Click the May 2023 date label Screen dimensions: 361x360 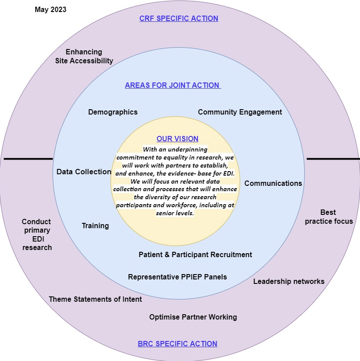click(50, 9)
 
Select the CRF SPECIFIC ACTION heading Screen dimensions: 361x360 click(179, 19)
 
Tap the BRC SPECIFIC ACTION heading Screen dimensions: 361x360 click(177, 344)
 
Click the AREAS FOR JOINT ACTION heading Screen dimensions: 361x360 click(173, 85)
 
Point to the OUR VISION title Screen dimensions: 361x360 click(177, 139)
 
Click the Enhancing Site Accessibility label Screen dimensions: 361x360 click(84, 56)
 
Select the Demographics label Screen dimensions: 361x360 click(113, 112)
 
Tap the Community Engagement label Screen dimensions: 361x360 click(240, 112)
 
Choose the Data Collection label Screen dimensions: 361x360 click(84, 172)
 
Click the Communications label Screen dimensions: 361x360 click(273, 183)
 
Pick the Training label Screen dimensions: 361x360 click(95, 226)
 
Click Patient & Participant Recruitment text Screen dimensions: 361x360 click(195, 254)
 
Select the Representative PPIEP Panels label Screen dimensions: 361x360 click(177, 277)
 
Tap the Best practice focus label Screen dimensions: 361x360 click(329, 217)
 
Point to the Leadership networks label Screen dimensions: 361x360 click(289, 281)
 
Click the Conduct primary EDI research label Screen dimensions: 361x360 click(37, 234)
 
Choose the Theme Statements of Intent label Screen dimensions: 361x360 click(95, 299)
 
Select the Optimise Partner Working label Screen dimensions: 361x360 click(193, 317)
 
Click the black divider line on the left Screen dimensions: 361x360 click(28, 159)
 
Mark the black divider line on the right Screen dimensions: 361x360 click(333, 159)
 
